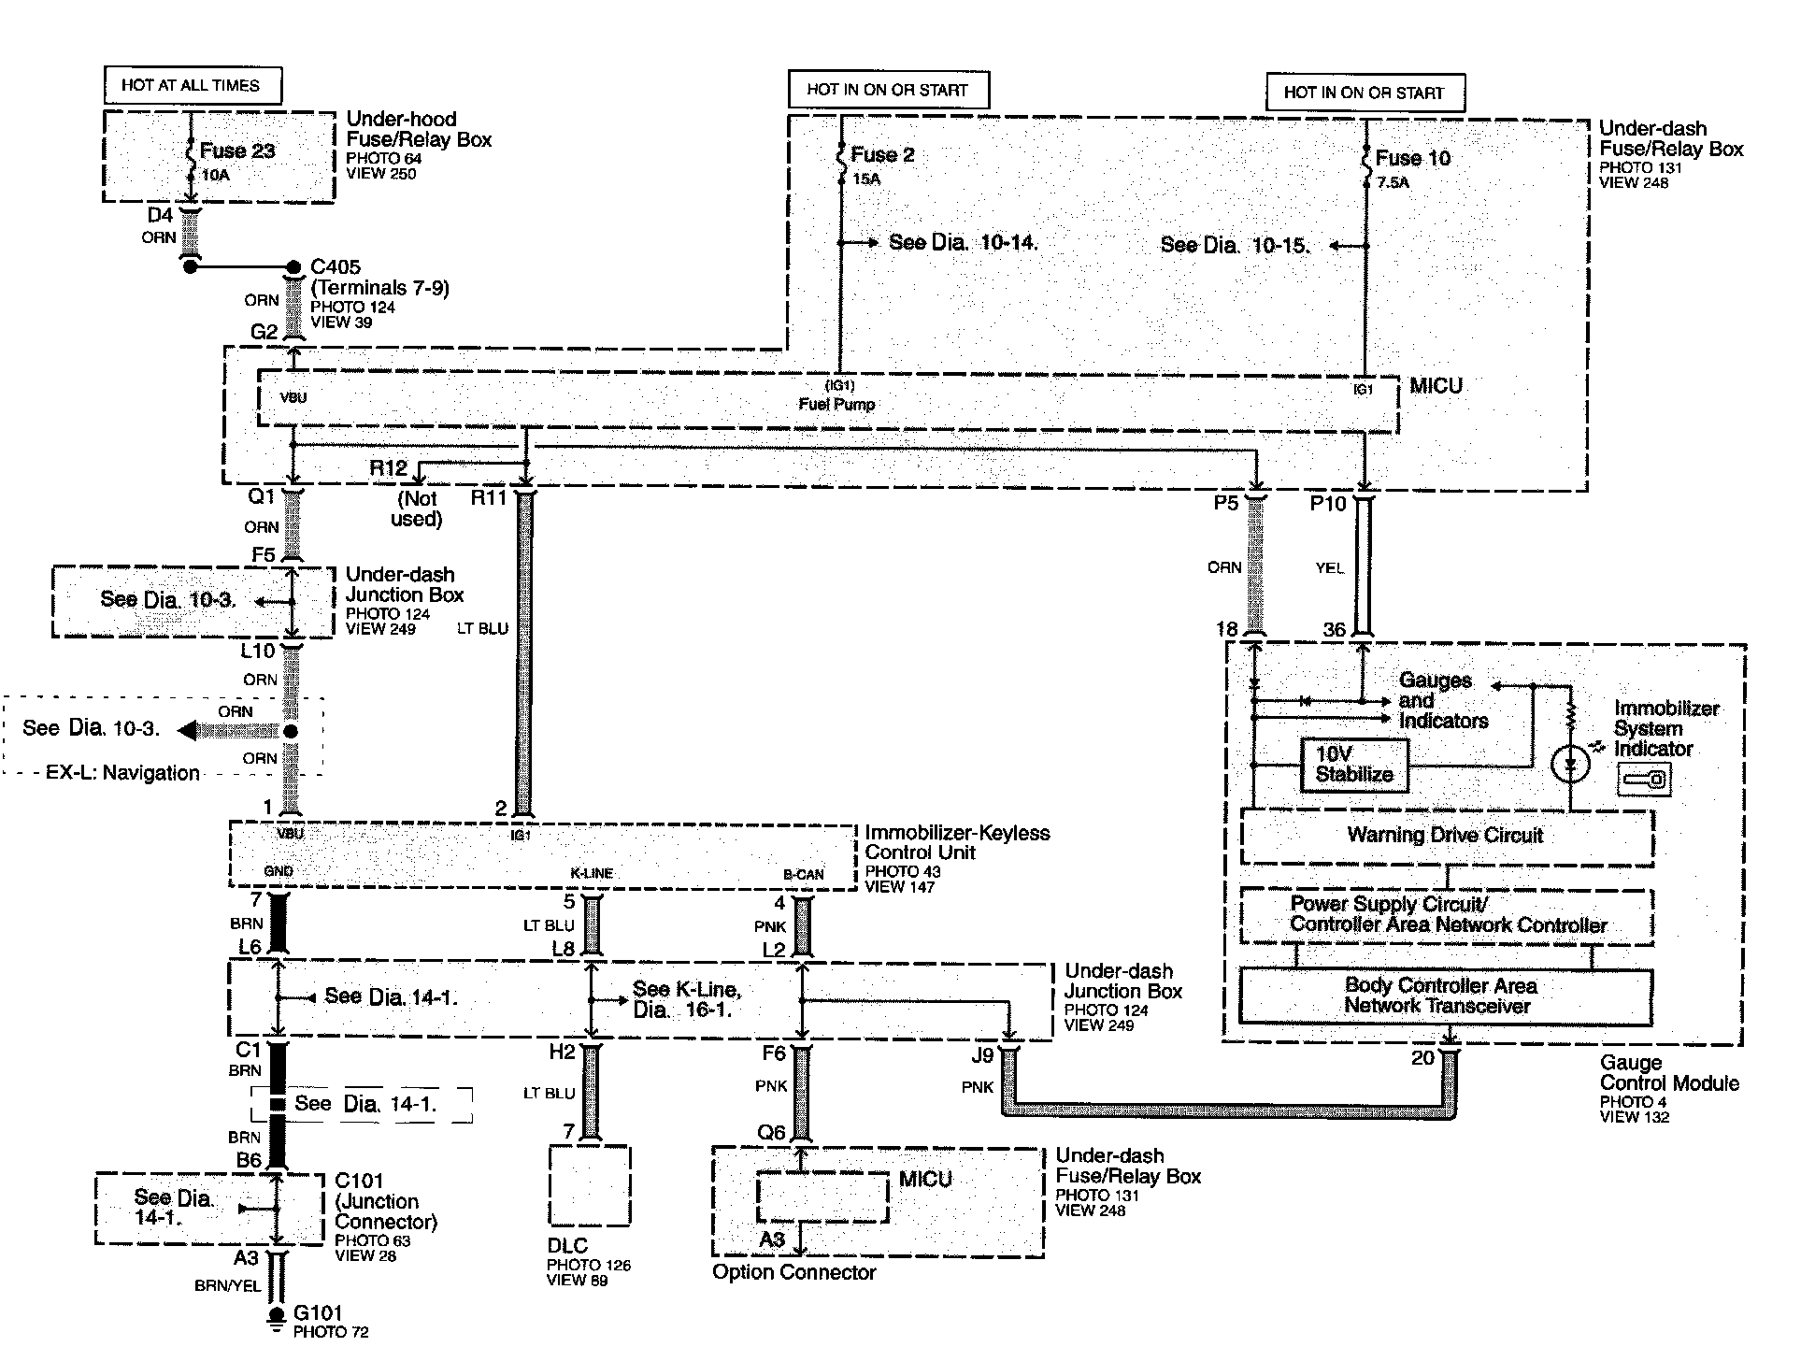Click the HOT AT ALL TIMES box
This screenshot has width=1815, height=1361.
tap(192, 85)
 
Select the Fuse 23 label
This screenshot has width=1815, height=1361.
tap(236, 150)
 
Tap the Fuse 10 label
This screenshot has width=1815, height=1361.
tap(1412, 158)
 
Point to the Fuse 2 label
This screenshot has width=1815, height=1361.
tap(881, 155)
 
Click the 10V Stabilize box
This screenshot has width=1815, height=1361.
tap(1353, 765)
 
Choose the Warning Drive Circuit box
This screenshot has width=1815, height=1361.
tap(1445, 836)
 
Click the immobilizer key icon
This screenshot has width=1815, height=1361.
tap(1645, 779)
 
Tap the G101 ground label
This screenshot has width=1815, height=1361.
tap(318, 1313)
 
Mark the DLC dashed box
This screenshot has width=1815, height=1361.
tap(589, 1185)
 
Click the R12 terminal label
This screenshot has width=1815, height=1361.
tap(388, 468)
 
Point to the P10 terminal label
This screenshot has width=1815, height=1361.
tap(1327, 505)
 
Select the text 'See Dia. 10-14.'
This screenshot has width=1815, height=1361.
tap(963, 243)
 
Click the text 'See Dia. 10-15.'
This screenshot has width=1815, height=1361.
tap(1234, 246)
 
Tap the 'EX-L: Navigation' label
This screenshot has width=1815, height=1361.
tap(122, 773)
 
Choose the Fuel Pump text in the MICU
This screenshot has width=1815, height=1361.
tap(836, 405)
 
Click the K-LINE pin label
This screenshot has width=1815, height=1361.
tap(592, 873)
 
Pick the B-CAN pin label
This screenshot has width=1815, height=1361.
tap(803, 875)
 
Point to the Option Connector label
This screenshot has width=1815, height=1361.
tap(793, 1272)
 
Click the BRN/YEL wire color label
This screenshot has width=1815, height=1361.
tap(227, 1286)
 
